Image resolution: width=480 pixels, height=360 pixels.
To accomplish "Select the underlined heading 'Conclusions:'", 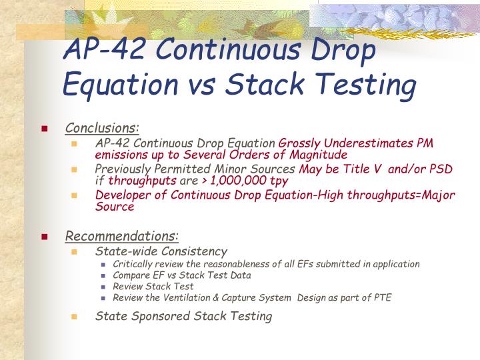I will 102,127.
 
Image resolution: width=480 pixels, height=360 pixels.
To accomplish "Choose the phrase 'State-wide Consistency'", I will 161,251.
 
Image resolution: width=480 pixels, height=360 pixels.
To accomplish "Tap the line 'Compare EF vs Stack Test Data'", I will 182,275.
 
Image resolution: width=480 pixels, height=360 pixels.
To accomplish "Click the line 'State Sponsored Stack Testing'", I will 184,316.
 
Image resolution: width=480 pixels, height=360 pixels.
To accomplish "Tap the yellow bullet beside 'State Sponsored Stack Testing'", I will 74,317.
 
